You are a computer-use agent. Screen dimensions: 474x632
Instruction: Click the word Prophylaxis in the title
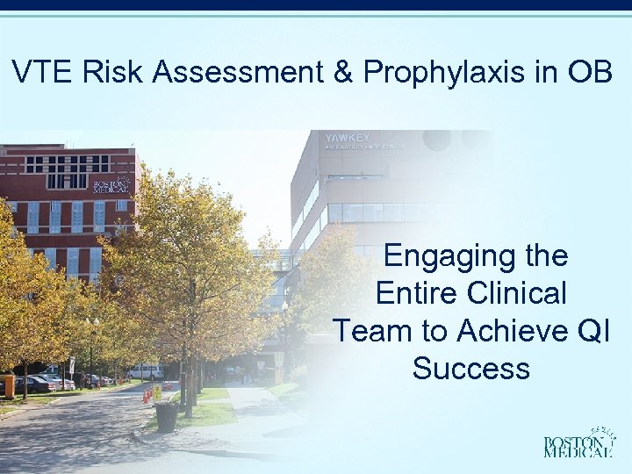click(445, 73)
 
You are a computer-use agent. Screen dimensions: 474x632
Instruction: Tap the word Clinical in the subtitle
click(517, 293)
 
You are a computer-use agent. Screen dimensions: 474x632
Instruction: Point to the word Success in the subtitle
click(471, 367)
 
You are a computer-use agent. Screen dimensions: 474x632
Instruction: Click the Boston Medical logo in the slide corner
click(578, 443)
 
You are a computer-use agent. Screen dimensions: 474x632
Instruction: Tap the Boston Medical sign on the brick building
click(112, 186)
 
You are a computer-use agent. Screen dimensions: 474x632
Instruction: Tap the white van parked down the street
click(144, 371)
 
